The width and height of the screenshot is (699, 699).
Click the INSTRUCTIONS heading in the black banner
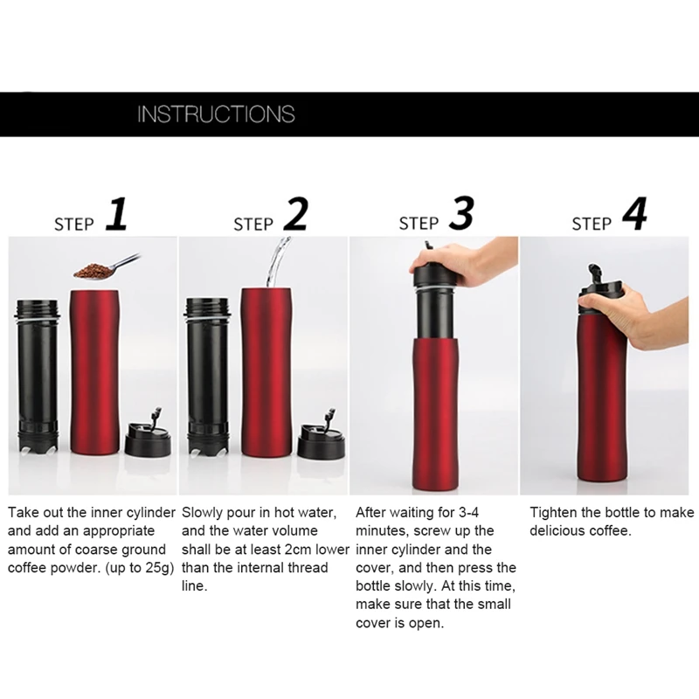(216, 114)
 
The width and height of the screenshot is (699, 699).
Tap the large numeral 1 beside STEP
(117, 214)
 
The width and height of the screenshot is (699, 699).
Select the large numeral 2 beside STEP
(296, 214)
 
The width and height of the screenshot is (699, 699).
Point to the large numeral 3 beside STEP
(461, 214)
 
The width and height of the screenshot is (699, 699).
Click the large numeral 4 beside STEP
(634, 214)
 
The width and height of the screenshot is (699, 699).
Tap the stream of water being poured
(277, 262)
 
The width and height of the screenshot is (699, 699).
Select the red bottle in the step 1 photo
(95, 372)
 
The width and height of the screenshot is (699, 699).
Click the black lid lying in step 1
(149, 433)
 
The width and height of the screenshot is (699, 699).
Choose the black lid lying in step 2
(321, 433)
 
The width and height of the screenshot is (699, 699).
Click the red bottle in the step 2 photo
(266, 372)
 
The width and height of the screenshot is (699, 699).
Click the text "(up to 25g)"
(139, 568)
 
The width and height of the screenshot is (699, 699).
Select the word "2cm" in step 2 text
(298, 550)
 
